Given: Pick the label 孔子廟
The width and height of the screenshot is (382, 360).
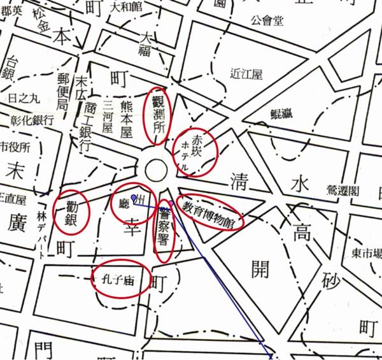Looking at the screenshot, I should [120, 277].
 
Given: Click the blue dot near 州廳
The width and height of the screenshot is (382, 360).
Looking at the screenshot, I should [133, 197].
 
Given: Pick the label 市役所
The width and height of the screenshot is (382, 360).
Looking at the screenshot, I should [15, 147].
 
